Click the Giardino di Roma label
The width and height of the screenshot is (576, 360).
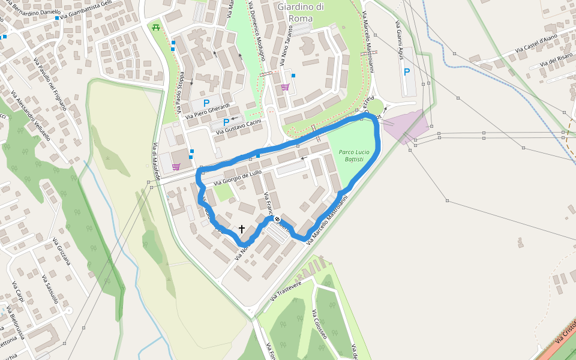301,13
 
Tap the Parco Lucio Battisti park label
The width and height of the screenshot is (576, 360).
354,156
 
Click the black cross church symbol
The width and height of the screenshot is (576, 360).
242,229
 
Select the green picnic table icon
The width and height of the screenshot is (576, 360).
156,27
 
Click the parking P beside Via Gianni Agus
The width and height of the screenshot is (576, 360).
407,72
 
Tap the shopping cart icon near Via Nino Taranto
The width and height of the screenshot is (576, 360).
285,87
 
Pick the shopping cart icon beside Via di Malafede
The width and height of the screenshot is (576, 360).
176,167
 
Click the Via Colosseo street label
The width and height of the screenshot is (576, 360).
319,324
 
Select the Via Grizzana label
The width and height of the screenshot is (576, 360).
61,251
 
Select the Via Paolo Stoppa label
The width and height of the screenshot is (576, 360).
180,93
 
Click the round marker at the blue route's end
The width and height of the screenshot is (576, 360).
277,220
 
